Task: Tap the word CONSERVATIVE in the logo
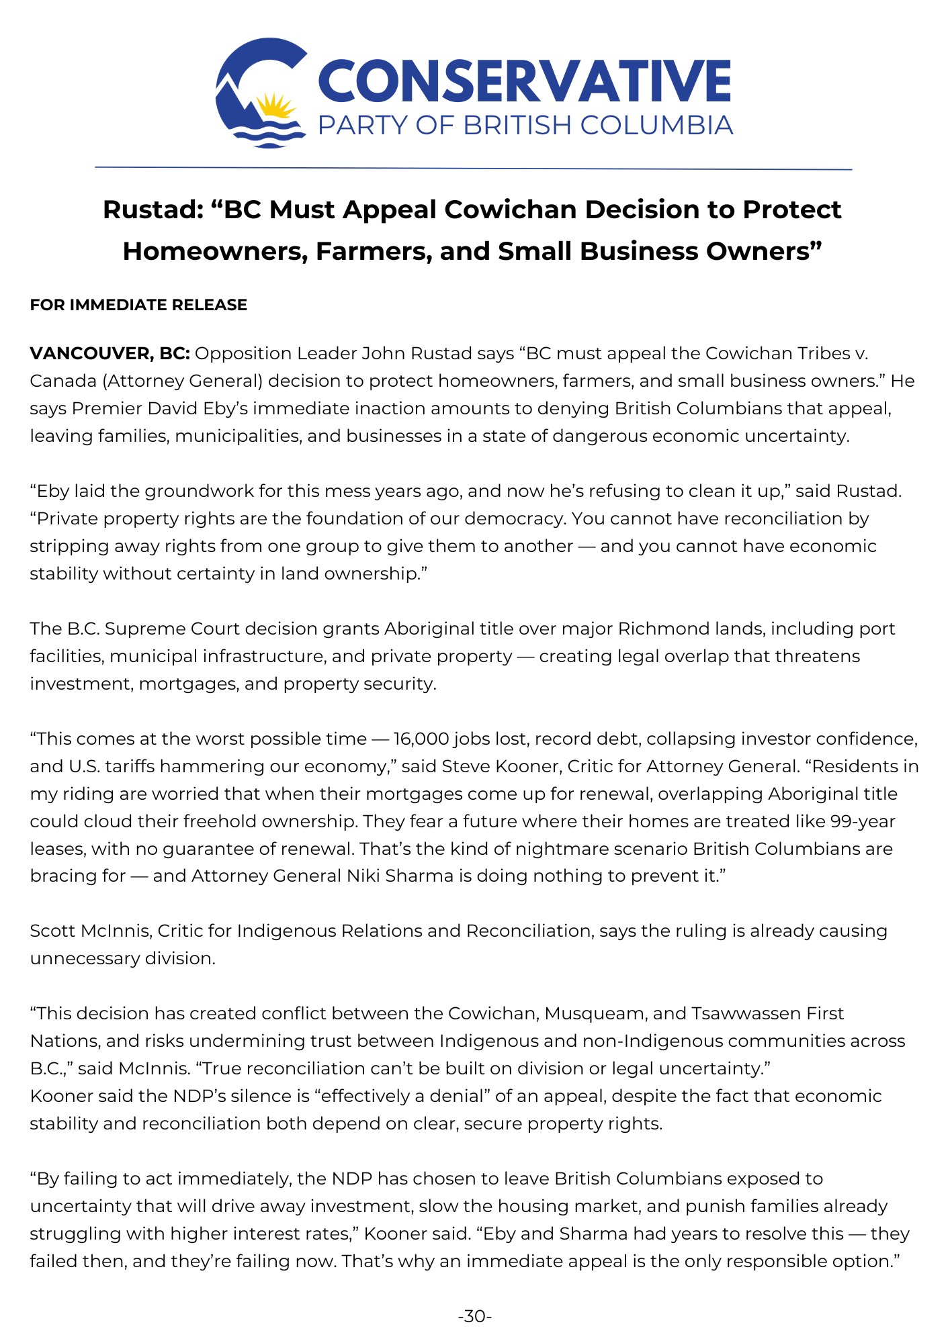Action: (x=524, y=82)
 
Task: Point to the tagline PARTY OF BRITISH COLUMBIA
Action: (x=525, y=126)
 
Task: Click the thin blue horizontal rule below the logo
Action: (x=473, y=169)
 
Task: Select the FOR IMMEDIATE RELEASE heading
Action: (x=138, y=305)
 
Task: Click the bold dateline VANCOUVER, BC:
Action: (x=110, y=353)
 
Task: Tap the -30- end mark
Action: (x=474, y=1316)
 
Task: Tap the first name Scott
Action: (x=52, y=931)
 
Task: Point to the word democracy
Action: (x=513, y=518)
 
